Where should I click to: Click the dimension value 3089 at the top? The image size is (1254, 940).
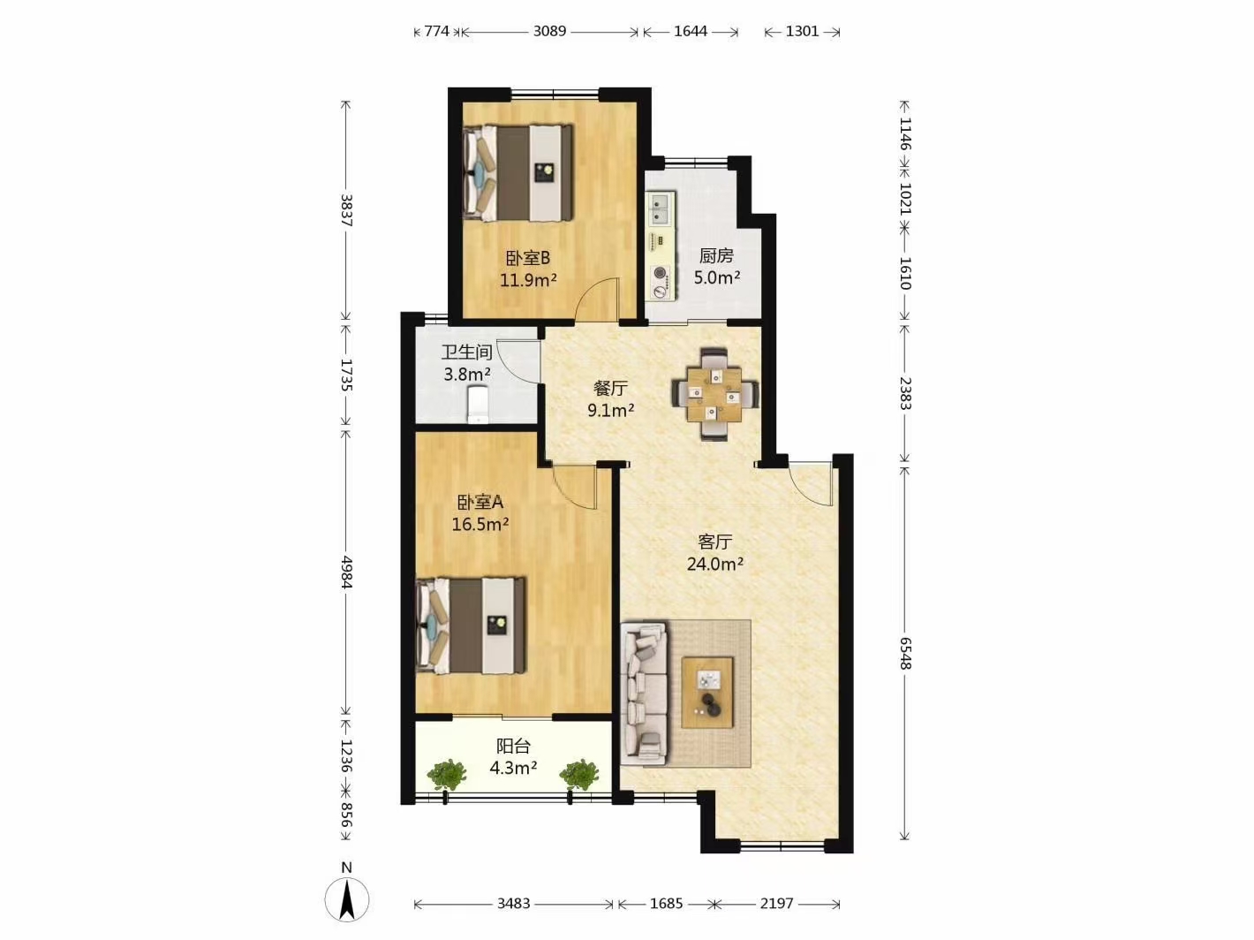point(549,31)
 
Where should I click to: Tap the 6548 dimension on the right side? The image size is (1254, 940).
point(905,653)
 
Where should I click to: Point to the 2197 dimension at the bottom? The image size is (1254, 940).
point(777,904)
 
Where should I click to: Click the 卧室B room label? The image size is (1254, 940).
point(528,258)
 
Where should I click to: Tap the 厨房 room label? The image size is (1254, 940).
point(716,255)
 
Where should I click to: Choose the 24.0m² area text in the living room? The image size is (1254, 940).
point(714,565)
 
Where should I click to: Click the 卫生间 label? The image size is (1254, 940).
point(466,352)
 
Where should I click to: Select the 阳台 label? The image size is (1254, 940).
point(513,747)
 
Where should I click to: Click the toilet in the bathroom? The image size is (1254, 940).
point(478,405)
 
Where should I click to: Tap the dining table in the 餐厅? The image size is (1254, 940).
point(714,394)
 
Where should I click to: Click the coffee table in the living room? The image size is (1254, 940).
point(707,693)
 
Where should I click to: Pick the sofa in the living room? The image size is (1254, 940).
point(644,694)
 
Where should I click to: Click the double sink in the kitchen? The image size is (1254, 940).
point(661,208)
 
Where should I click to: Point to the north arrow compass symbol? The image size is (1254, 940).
point(347,898)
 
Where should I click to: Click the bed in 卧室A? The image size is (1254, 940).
point(471,625)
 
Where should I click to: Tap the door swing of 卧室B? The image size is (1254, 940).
point(597,299)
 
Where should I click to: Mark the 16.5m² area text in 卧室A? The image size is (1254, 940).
point(480,524)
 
